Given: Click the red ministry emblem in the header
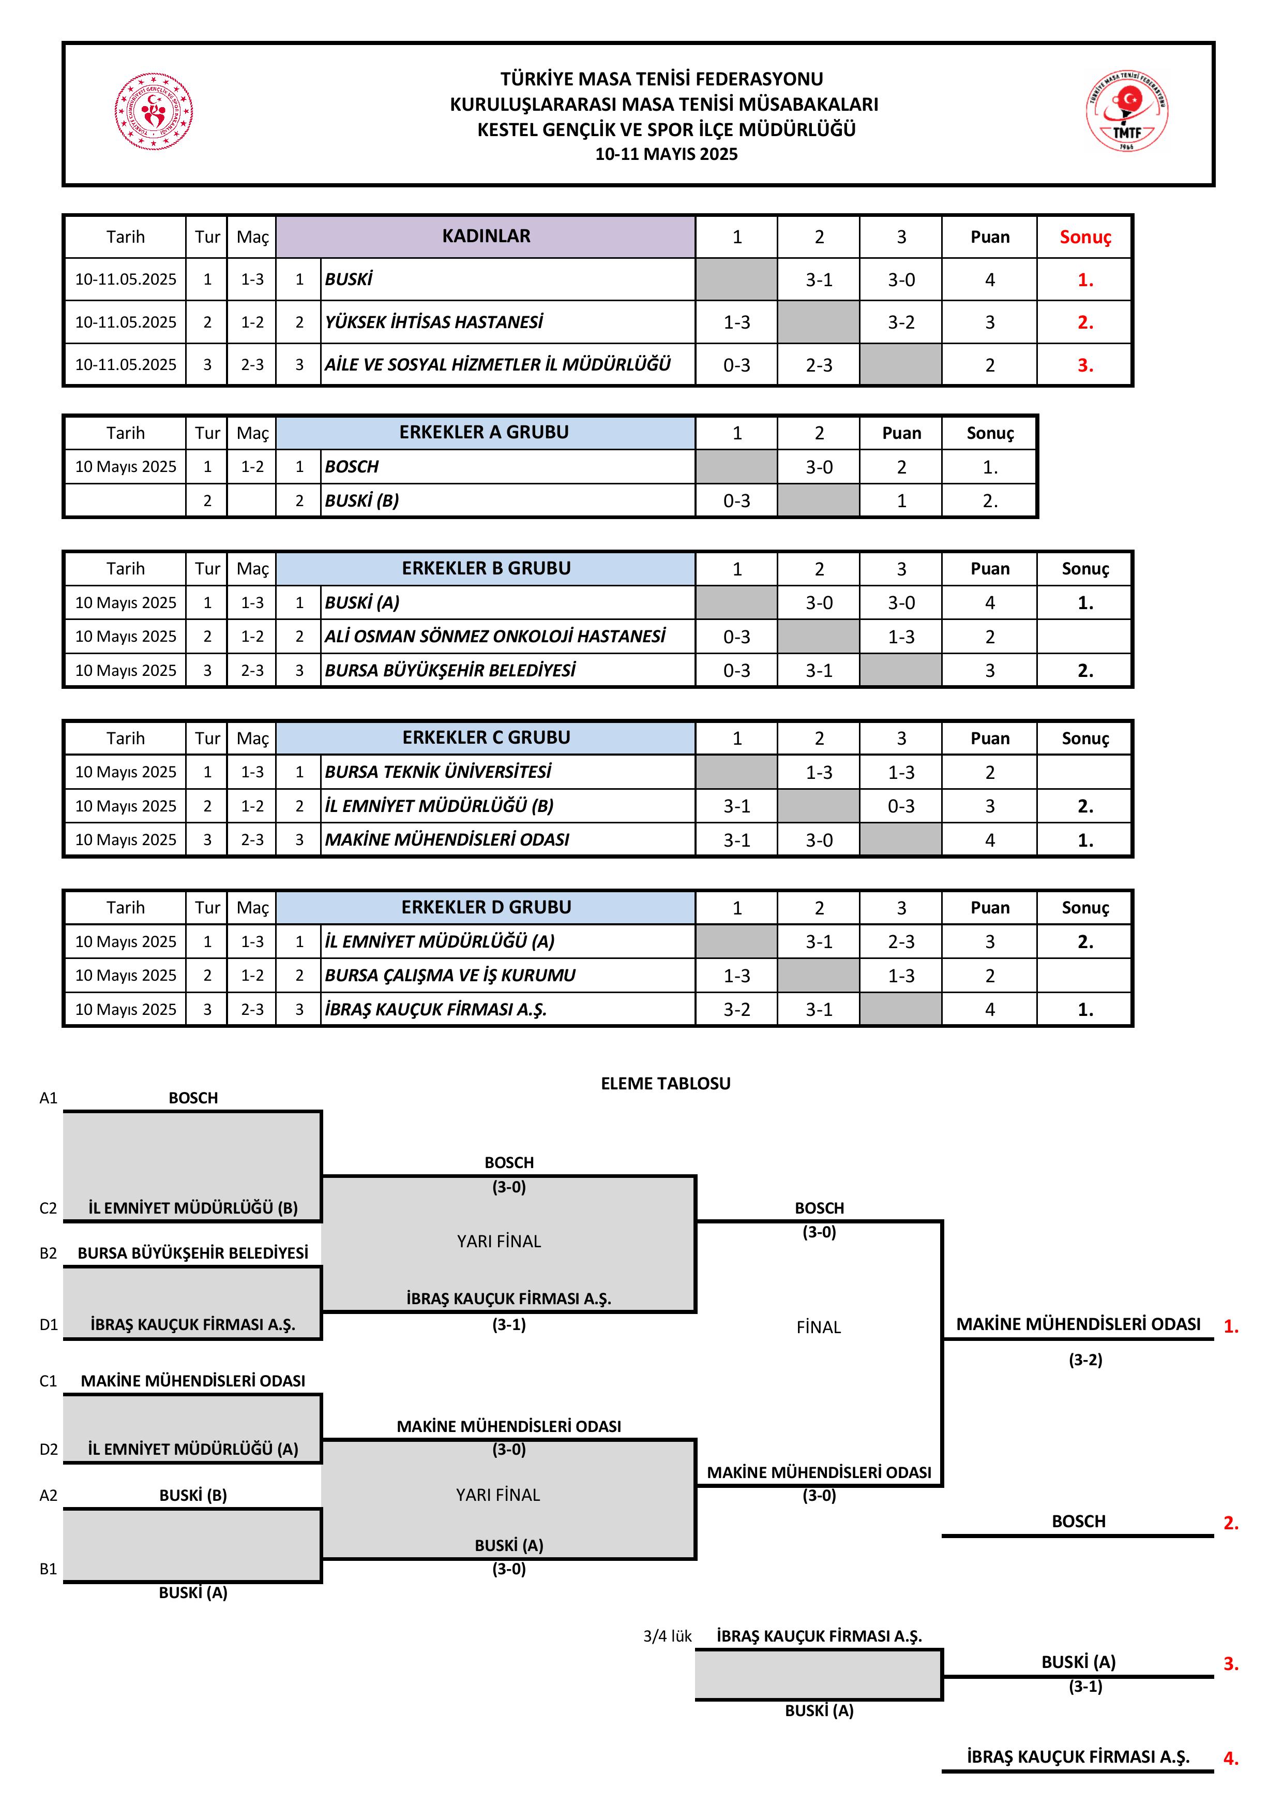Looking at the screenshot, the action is click(154, 111).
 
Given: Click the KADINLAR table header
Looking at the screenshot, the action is click(486, 235).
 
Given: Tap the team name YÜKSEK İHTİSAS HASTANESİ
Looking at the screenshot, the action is click(433, 322).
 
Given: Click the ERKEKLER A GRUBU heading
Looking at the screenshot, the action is click(484, 432).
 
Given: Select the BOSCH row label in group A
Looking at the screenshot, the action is click(352, 467).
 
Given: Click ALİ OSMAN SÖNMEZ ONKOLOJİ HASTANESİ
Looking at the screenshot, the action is click(495, 636).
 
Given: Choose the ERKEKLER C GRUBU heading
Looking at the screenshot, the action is click(486, 737).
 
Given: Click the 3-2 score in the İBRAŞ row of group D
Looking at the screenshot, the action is click(737, 1009).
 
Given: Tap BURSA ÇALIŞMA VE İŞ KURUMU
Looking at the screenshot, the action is click(450, 975).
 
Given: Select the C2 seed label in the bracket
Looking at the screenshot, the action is click(48, 1208).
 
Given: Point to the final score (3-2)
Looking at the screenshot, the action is click(1085, 1360).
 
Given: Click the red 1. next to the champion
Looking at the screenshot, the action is click(1231, 1326).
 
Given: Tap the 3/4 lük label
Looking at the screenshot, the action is click(667, 1636).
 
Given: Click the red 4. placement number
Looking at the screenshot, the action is click(1231, 1758).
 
